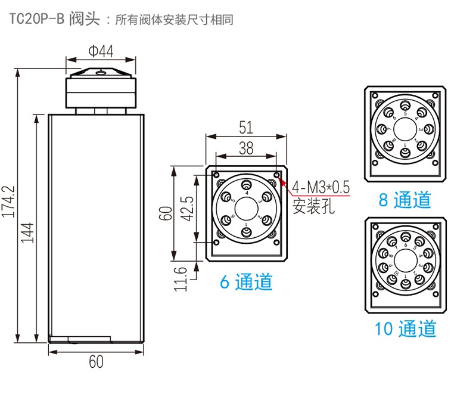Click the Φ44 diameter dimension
point(101,52)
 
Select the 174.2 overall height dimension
point(8,201)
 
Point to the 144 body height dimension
point(27,232)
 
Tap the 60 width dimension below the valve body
point(96,362)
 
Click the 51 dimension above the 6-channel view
point(246,127)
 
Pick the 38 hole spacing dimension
point(246,148)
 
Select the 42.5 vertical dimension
point(186,209)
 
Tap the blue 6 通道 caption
point(246,281)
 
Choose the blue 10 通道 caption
point(405,328)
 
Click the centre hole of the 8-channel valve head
point(405,130)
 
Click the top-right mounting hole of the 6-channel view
point(277,174)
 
